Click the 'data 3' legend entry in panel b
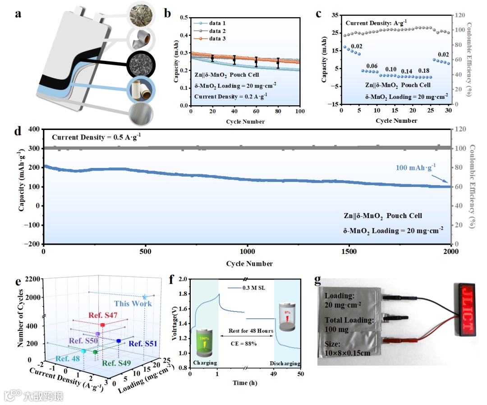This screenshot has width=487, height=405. (217, 39)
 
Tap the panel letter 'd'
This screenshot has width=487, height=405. (17, 133)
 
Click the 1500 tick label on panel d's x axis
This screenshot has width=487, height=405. (349, 252)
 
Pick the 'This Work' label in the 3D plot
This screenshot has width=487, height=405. (133, 303)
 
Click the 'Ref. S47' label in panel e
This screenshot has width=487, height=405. (103, 315)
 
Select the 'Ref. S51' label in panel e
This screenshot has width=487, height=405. (142, 344)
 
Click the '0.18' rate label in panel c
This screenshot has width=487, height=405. (424, 71)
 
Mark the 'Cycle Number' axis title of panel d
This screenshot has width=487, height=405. (250, 263)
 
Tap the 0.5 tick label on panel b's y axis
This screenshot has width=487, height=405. (183, 18)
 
